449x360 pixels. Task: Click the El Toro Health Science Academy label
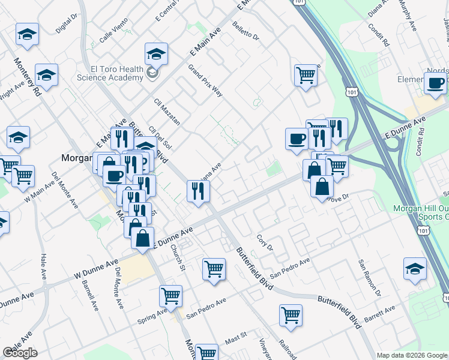110,73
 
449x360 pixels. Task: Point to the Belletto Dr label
246,32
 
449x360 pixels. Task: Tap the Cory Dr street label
265,243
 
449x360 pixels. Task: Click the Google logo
20,353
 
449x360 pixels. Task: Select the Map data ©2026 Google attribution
412,355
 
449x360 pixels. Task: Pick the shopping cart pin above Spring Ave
170,295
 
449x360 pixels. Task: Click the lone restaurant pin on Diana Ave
197,191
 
